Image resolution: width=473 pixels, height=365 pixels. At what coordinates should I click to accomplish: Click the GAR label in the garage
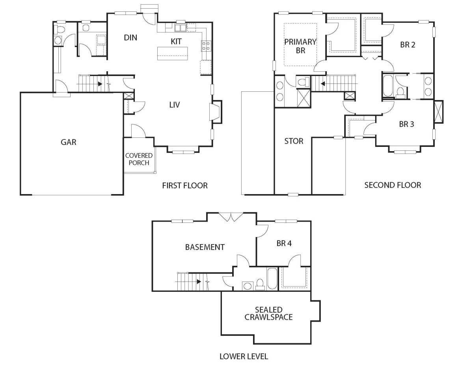coord(68,142)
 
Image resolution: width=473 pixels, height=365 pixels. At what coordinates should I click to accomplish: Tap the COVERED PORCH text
coord(139,159)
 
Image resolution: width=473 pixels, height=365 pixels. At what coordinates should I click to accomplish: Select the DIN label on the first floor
coord(130,38)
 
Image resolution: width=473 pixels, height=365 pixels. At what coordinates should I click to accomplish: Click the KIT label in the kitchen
coord(176,41)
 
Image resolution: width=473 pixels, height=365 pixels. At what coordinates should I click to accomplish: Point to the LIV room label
coord(175,105)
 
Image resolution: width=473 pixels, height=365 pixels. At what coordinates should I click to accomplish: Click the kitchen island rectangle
coord(172,53)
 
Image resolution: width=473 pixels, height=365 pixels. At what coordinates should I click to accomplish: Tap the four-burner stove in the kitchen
coord(206,46)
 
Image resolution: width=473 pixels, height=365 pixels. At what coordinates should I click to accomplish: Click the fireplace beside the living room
coord(216,112)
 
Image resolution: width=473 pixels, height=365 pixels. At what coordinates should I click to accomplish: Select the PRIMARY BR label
coord(300,46)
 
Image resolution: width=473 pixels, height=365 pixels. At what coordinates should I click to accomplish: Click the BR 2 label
coord(408,45)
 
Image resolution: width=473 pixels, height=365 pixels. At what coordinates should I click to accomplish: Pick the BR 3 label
coord(406,124)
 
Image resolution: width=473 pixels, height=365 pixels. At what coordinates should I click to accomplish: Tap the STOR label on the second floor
coord(294,141)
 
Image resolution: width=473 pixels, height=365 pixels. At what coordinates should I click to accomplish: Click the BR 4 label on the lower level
coord(284,243)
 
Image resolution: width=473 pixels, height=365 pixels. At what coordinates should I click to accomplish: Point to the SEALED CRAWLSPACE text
coord(268,313)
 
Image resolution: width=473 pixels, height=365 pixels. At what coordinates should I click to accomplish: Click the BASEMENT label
coord(205,247)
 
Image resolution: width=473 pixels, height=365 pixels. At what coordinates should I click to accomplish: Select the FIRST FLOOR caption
coord(185,185)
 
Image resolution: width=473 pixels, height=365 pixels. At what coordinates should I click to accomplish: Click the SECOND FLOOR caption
coord(393,185)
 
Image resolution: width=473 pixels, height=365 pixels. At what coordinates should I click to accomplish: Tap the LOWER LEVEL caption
coord(244,356)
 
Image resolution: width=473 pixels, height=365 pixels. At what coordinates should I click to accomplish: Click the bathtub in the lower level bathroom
coord(272,279)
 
